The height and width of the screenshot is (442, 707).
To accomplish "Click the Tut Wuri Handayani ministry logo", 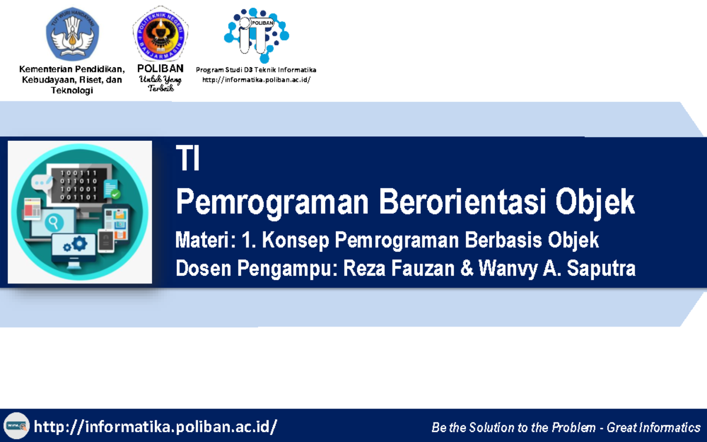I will (72, 32).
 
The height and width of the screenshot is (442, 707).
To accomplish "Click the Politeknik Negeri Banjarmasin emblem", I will (160, 34).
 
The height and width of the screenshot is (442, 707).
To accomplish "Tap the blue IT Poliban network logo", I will (256, 34).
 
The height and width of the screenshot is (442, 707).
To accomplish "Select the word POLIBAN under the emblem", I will (160, 68).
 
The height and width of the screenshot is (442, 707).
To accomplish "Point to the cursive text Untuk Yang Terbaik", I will (160, 84).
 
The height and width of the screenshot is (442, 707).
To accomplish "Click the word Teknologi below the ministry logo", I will (72, 90).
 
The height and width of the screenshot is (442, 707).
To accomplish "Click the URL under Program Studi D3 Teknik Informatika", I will (256, 80).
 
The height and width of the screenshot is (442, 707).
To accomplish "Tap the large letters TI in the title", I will (188, 160).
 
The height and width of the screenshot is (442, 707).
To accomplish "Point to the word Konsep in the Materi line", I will (296, 240).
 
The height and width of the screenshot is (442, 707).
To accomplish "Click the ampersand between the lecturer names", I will (467, 269).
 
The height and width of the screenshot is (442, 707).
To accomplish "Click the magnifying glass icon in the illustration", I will (57, 222).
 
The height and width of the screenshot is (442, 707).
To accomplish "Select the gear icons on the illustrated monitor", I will (75, 243).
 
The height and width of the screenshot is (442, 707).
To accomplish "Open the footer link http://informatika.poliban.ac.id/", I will (156, 426).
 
